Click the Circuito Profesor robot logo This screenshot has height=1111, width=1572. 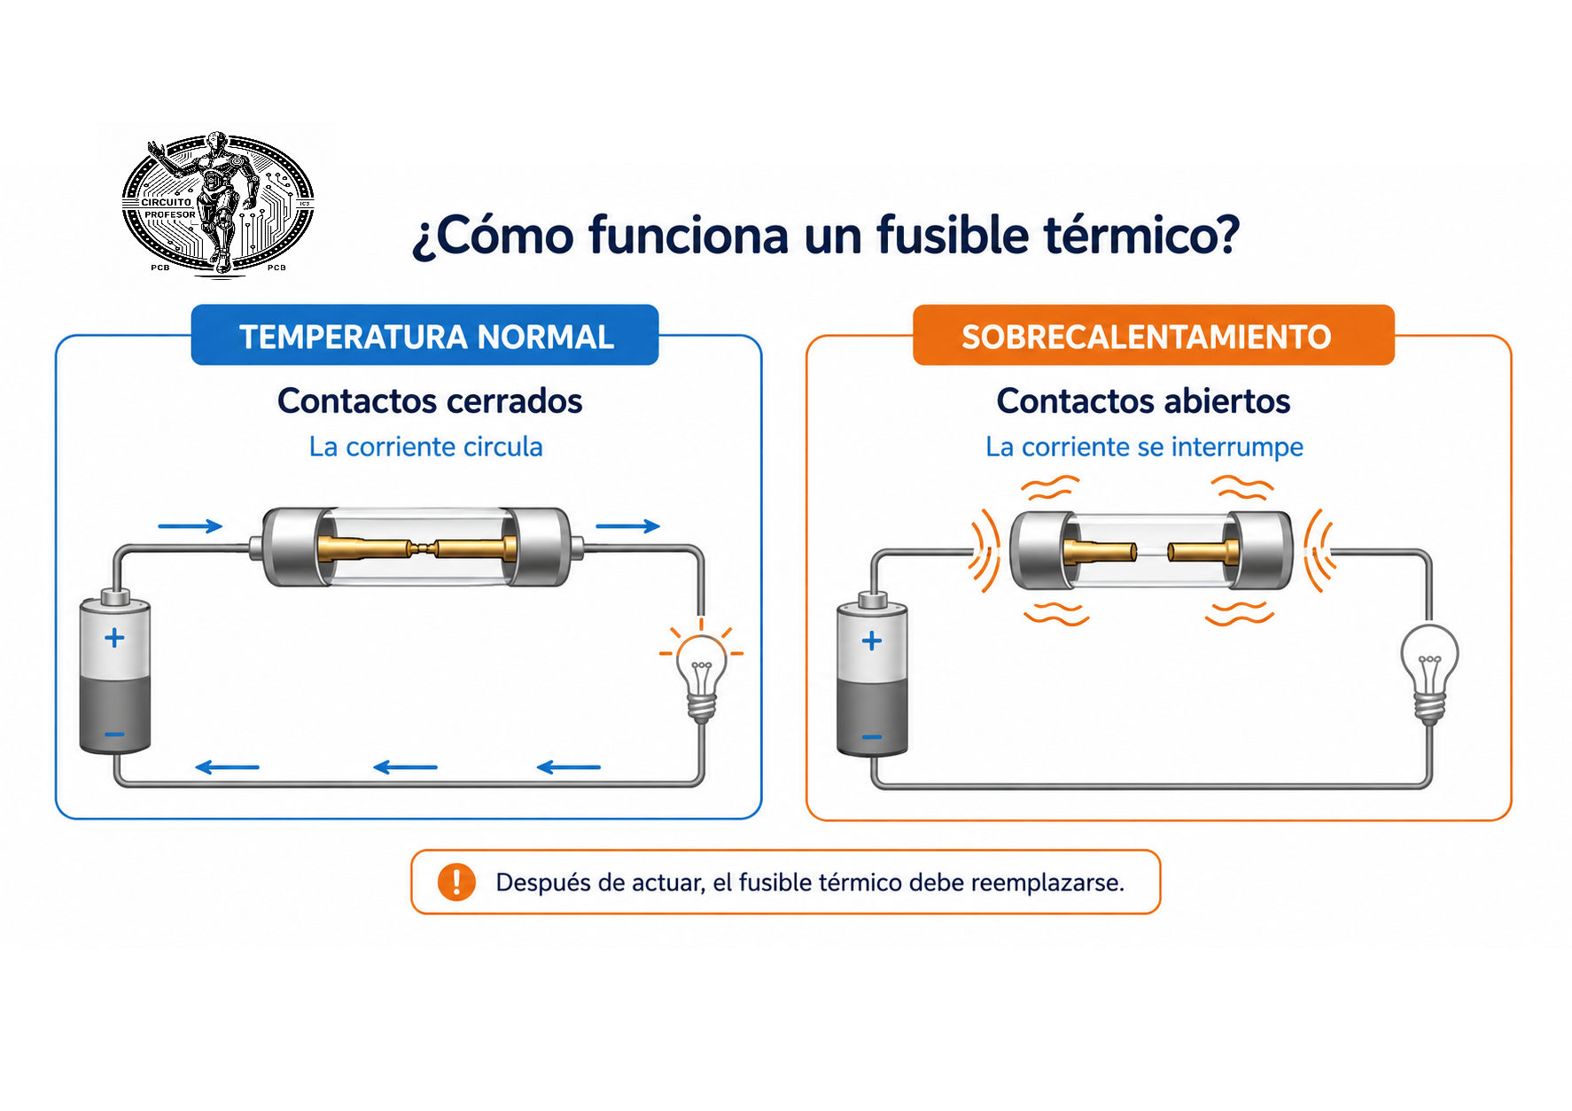218,204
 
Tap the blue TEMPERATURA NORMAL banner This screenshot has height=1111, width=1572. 425,336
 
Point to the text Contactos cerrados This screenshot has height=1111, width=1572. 430,401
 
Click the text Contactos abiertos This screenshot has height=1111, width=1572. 1143,401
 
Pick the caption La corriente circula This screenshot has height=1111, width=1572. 426,447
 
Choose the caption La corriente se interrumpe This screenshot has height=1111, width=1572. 1145,447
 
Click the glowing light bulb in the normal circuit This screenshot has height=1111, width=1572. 702,675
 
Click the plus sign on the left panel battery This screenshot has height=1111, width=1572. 114,638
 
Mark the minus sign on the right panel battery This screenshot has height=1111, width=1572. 872,737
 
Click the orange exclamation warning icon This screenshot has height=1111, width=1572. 456,882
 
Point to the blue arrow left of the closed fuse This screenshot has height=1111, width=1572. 190,526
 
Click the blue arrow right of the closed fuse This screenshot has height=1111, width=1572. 627,526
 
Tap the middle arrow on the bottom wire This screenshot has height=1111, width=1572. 406,767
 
